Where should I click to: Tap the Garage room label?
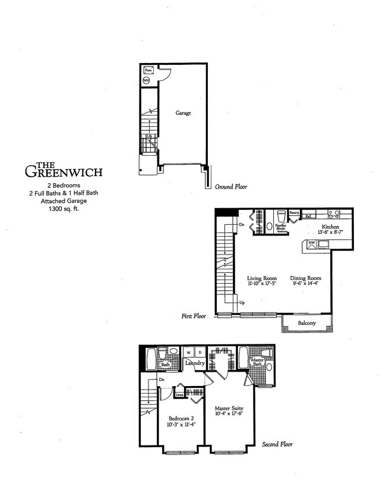(x=183, y=112)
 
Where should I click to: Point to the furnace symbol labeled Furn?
(x=148, y=70)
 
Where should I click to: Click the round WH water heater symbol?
(x=147, y=80)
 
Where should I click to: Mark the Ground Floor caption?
(x=231, y=187)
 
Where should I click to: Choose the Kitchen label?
(x=330, y=227)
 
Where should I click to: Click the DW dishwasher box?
(x=311, y=243)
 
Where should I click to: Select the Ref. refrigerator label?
(x=309, y=217)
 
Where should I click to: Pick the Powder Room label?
(x=281, y=227)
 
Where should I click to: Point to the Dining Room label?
(x=305, y=278)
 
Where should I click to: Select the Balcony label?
(x=308, y=324)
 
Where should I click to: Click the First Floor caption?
(x=194, y=316)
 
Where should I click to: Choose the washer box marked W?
(x=187, y=352)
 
